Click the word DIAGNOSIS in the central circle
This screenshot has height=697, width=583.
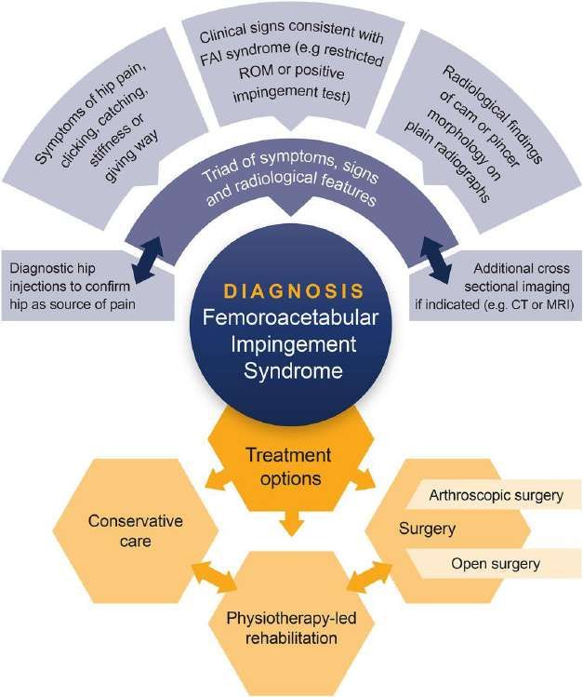(x=294, y=291)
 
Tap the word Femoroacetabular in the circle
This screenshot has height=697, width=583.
(x=291, y=318)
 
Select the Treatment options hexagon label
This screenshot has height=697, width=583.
(x=290, y=467)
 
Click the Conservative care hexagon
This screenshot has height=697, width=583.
(x=136, y=530)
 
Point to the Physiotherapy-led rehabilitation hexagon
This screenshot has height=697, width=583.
(x=291, y=628)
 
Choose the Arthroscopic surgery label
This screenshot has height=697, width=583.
(x=496, y=495)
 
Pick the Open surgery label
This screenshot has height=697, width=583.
(x=496, y=564)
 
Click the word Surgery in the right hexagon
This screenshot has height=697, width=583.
(x=427, y=529)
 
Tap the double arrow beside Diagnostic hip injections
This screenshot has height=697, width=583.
(x=148, y=260)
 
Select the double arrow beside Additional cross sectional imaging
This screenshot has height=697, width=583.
(x=435, y=260)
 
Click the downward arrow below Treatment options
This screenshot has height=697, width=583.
(x=291, y=523)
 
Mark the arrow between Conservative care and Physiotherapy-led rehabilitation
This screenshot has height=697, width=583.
(x=214, y=577)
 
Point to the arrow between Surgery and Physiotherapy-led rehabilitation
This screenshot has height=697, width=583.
(x=369, y=577)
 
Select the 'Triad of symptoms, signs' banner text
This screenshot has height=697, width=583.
(x=290, y=168)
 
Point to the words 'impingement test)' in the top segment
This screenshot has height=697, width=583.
(x=291, y=94)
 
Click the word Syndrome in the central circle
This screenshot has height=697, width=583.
(x=293, y=370)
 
